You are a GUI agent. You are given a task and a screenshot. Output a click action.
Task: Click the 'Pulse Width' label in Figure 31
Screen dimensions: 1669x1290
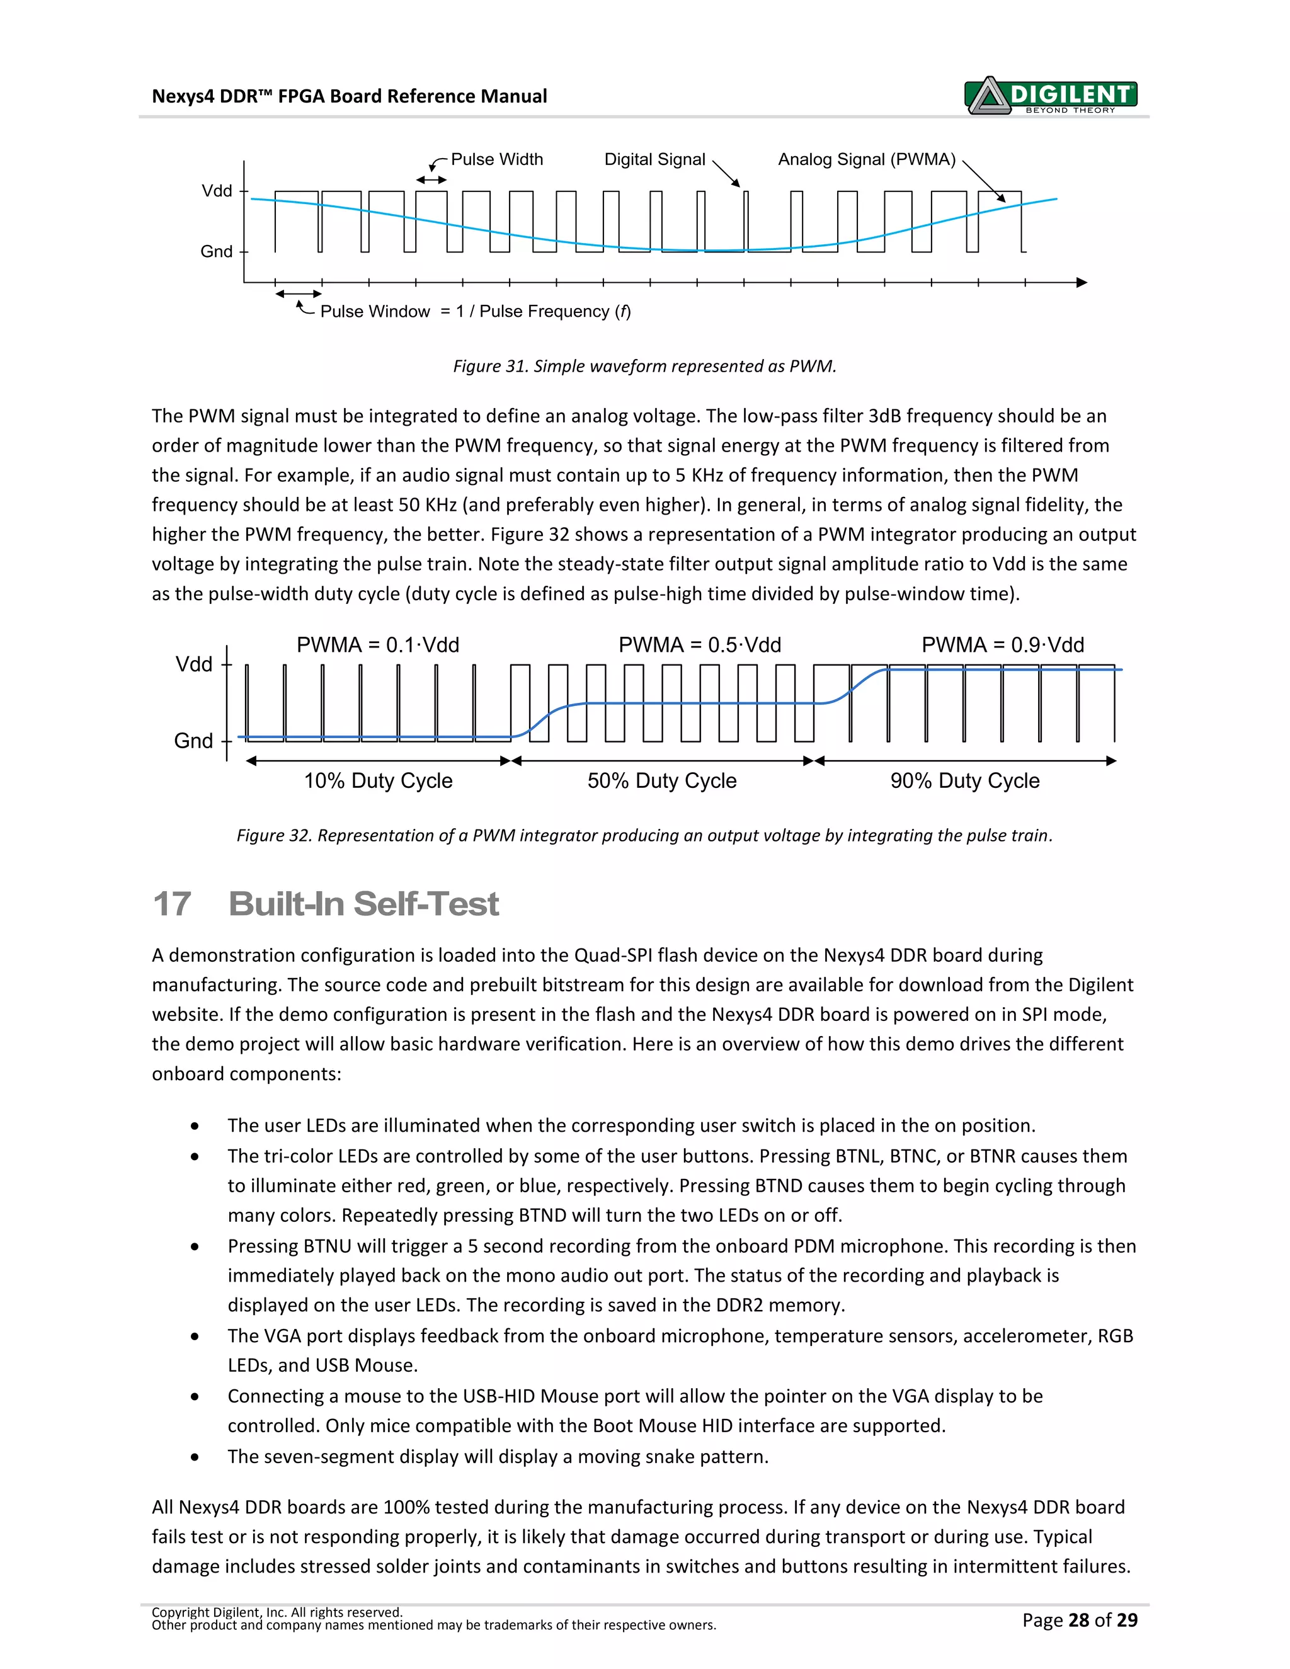(497, 160)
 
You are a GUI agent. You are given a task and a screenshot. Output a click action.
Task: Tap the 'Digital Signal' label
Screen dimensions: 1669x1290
(654, 160)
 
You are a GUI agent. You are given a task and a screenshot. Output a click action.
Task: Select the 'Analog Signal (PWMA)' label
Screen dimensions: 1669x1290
(867, 160)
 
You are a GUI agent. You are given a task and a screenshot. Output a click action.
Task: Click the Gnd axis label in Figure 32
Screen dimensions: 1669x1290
(193, 741)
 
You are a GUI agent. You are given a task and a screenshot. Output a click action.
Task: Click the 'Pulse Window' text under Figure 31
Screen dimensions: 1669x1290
(375, 312)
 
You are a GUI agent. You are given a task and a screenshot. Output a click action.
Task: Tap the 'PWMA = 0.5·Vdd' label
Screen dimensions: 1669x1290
(699, 645)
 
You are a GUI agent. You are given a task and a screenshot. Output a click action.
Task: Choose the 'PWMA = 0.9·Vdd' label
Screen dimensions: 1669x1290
(1003, 645)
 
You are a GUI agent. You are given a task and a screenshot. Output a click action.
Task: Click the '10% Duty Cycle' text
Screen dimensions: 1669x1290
(379, 781)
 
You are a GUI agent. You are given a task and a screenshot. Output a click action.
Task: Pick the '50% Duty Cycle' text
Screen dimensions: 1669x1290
(662, 781)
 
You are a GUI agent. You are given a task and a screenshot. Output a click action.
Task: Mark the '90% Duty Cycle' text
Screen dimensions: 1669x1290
(964, 781)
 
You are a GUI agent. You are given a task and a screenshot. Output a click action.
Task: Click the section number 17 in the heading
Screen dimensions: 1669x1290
(172, 904)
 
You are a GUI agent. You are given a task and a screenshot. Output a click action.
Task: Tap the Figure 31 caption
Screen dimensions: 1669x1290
(644, 366)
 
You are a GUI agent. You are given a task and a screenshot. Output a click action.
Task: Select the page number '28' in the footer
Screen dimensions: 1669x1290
(1078, 1620)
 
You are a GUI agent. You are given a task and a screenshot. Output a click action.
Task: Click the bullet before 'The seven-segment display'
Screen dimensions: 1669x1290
(196, 1457)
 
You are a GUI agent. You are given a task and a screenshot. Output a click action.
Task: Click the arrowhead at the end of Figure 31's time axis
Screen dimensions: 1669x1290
(1082, 283)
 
